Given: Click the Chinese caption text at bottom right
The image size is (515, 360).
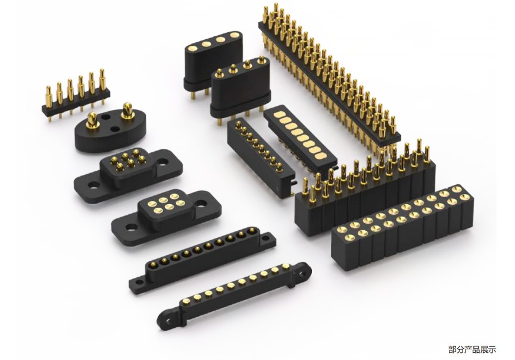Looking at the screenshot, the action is coord(472,349).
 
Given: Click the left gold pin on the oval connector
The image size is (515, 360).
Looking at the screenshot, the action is coord(92,120).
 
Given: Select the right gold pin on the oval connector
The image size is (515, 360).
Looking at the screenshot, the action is coord(127,111).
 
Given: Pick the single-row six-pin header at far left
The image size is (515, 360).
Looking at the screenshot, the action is coord(76,95).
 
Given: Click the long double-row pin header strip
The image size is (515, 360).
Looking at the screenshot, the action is coord(329,79).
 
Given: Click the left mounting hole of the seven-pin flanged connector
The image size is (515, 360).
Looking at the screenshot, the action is coord(93,186).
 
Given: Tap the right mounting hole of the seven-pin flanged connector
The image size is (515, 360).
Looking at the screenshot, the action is coord(164,162).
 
